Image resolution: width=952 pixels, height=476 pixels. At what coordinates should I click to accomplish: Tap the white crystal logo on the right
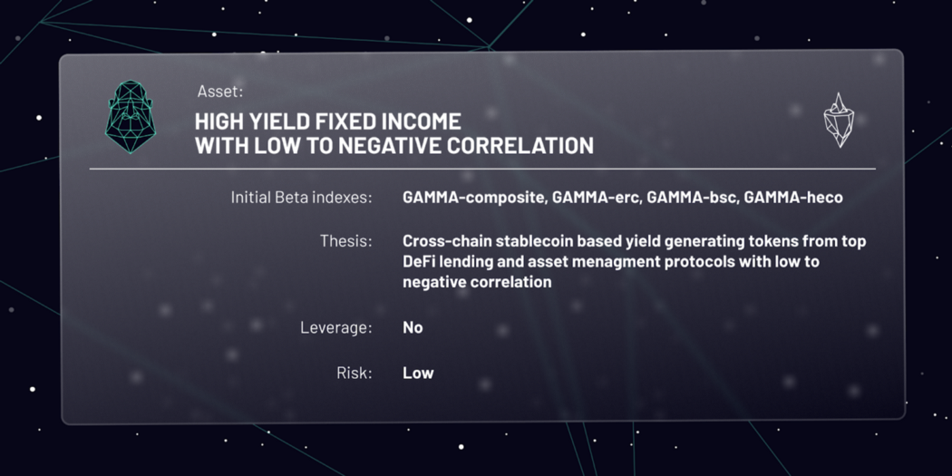point(840,120)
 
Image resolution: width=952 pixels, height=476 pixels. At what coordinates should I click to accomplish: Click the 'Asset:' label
point(219,91)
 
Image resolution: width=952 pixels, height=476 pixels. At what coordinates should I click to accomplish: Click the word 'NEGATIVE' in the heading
point(399,145)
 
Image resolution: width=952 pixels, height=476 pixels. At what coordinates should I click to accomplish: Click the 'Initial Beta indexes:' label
point(301,197)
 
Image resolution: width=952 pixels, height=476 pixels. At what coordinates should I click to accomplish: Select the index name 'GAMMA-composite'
point(472,197)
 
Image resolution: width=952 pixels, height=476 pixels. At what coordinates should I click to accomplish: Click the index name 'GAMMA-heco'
point(793,197)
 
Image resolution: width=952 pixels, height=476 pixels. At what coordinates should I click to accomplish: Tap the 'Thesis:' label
point(345,241)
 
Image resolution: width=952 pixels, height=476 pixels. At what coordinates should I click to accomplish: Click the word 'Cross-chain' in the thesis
point(445,241)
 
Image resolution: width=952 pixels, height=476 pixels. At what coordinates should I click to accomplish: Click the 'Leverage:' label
point(335,327)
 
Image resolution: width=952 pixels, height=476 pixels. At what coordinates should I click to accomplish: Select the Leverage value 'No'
point(413,327)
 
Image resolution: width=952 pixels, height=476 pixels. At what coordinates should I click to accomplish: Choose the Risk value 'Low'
point(418,373)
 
